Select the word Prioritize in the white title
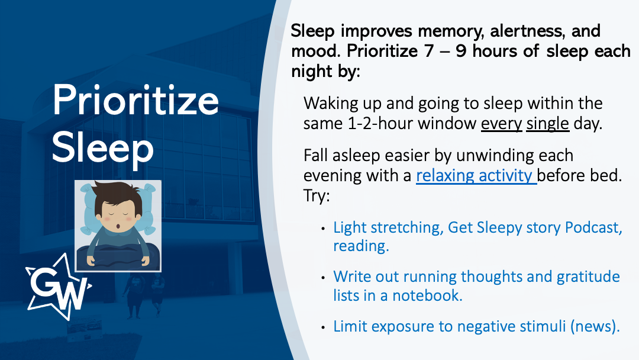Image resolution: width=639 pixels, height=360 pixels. click(135, 100)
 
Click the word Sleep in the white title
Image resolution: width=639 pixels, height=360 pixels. click(103, 147)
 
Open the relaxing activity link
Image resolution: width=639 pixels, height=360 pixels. click(476, 176)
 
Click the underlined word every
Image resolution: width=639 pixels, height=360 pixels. click(501, 124)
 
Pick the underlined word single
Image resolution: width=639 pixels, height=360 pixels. click(547, 124)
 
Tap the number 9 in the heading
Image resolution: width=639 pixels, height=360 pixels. click(461, 52)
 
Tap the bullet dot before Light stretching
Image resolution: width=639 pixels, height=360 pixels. click(323, 229)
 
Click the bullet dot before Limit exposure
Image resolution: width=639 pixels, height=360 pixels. click(323, 327)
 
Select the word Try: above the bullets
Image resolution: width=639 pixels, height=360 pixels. click(317, 196)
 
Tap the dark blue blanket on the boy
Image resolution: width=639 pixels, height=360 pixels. click(118, 257)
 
